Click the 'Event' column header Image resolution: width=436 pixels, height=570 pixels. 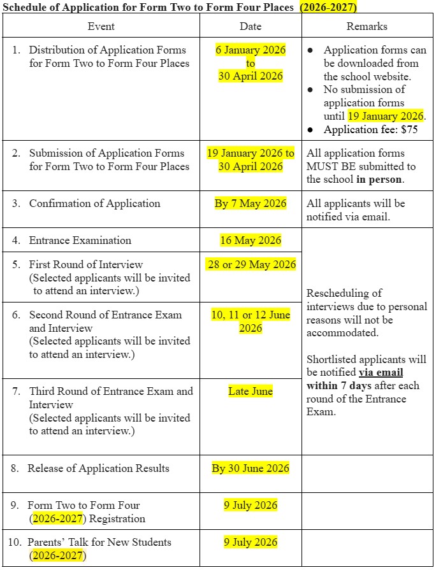pos(101,26)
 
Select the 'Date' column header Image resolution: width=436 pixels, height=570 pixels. pos(251,26)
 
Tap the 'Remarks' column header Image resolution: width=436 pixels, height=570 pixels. pos(367,26)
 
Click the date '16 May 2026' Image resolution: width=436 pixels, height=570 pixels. pos(251,240)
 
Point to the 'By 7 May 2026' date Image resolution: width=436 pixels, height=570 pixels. pos(251,203)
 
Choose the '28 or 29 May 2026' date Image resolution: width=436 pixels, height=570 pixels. pos(251,264)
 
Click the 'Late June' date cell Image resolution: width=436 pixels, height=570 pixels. pos(251,391)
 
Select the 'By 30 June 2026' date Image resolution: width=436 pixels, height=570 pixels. pos(251,468)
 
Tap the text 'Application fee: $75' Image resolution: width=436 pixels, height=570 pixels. pos(370,129)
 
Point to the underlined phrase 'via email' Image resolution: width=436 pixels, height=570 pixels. pos(381,373)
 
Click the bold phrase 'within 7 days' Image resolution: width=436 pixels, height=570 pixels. pos(339,386)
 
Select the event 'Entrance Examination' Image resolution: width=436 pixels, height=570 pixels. pos(80,240)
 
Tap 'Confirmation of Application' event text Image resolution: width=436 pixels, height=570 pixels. pos(94,203)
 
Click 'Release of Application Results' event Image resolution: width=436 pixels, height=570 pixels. pos(98,468)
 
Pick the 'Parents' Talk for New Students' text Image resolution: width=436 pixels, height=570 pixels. pos(99,542)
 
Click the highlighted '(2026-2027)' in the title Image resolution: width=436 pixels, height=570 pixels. pos(328,7)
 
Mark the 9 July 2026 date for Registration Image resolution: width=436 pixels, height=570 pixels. pos(251,505)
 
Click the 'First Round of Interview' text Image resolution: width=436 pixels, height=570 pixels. pos(86,264)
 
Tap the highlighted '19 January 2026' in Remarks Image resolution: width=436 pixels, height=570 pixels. pos(385,116)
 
